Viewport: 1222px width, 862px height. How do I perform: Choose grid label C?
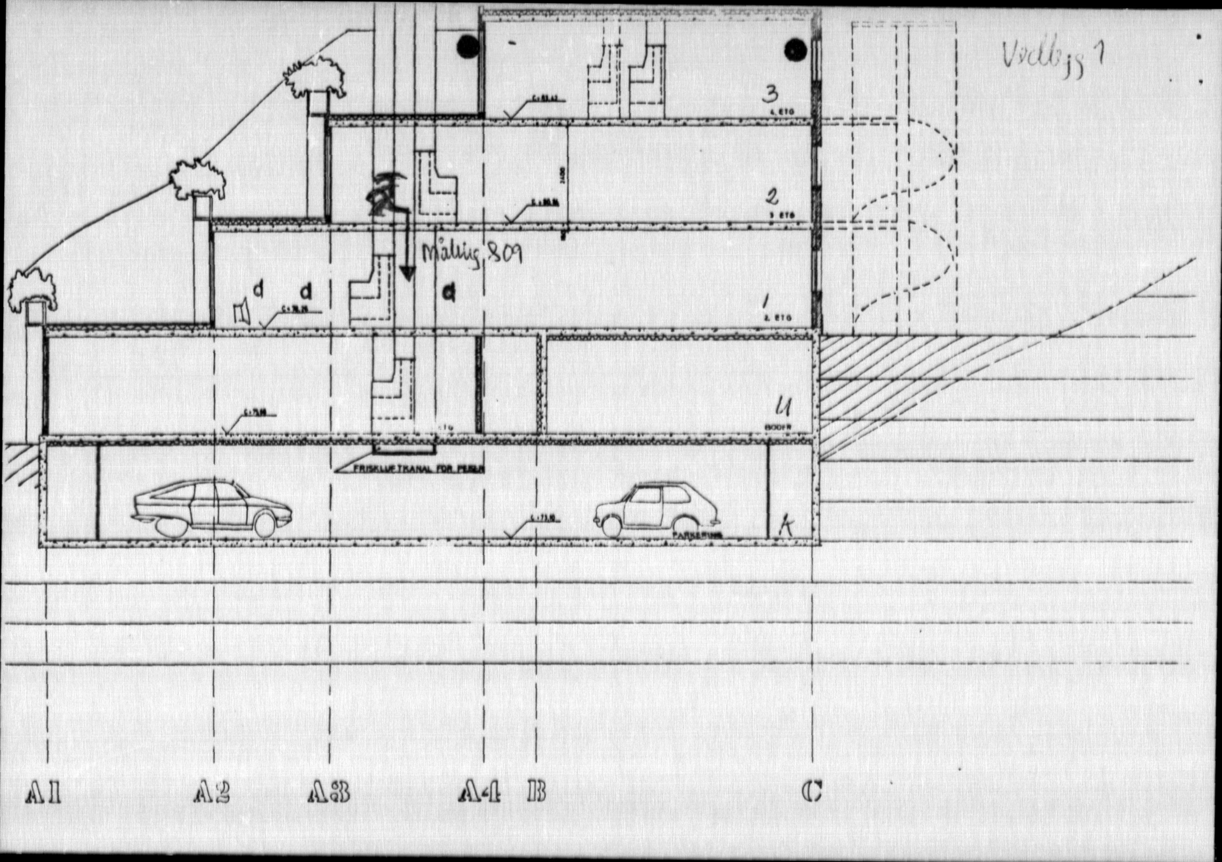click(x=812, y=793)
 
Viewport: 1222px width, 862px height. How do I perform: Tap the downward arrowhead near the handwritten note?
click(x=408, y=274)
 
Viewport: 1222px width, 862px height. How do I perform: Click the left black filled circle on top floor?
click(x=469, y=48)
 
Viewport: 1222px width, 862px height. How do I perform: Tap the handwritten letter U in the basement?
click(x=785, y=408)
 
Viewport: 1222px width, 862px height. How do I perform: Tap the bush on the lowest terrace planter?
click(x=32, y=290)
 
